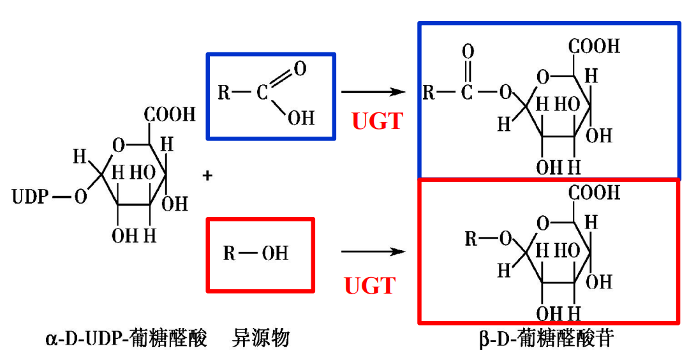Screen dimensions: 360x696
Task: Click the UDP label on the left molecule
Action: pos(29,197)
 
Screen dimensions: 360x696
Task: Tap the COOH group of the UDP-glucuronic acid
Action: pos(170,115)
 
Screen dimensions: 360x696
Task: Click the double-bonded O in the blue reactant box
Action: pos(300,68)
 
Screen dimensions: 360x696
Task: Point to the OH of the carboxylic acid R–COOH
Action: pos(302,118)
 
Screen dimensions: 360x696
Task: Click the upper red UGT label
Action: pos(377,121)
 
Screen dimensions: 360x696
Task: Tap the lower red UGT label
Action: pos(370,285)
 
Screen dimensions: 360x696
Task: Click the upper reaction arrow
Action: pos(373,93)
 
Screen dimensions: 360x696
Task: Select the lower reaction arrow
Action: pos(373,251)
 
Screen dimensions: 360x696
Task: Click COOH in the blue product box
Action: pos(595,46)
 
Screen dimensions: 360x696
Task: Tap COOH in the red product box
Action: pos(595,192)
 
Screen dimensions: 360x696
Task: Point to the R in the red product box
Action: pos(471,239)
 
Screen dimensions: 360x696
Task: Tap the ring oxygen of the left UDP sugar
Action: pos(117,145)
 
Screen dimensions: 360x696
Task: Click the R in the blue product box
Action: pos(429,93)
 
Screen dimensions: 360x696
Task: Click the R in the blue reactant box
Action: pos(224,93)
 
